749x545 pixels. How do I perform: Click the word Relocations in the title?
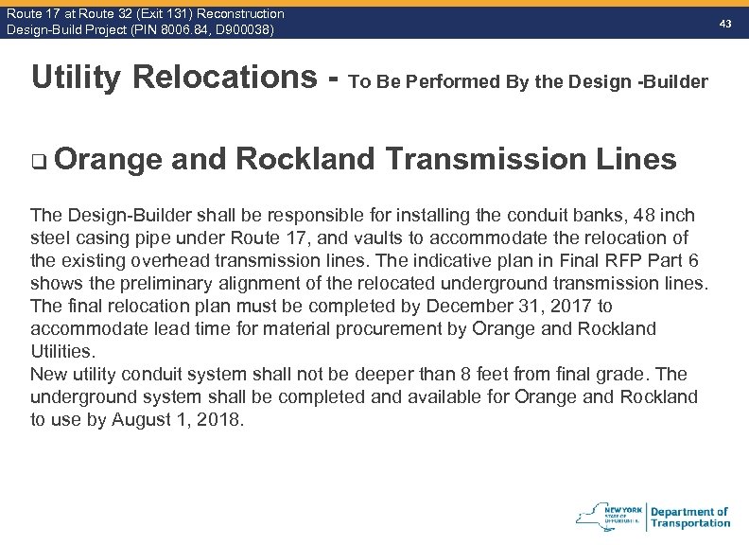point(225,78)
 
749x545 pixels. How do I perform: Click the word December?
point(473,307)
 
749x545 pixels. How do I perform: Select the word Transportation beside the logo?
point(690,523)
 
